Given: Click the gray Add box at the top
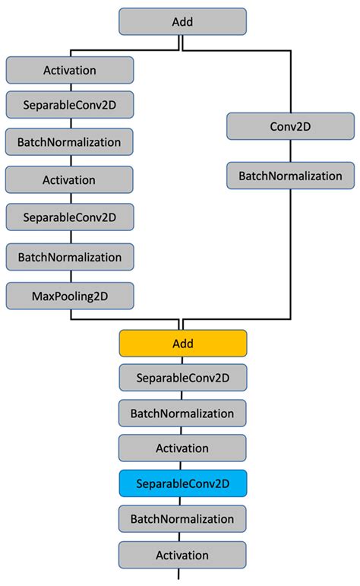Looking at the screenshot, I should point(182,21).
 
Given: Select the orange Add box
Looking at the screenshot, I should point(182,344).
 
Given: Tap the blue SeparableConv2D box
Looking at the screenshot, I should point(182,483).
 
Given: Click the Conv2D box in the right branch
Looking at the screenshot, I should point(290,126).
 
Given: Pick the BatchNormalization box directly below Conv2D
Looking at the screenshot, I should point(290,176).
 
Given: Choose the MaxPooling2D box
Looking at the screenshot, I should point(70,295).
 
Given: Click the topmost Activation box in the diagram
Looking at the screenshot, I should point(70,71).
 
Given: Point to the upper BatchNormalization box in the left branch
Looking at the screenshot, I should point(70,141).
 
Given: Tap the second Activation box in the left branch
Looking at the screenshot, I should point(70,180).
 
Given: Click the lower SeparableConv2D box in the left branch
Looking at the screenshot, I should point(70,217).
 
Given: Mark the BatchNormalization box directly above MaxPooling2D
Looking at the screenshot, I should point(70,257).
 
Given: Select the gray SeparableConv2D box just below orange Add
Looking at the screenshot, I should point(182,377).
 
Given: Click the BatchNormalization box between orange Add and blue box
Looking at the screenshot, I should point(182,413).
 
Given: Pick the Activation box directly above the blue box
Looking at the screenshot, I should point(182,448).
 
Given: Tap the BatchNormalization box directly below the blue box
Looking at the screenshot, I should point(182,519).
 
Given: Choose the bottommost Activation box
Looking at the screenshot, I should point(182,555).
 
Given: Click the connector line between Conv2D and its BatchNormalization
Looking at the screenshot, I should point(290,151).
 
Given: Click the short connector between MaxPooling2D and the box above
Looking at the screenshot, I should point(70,276).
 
